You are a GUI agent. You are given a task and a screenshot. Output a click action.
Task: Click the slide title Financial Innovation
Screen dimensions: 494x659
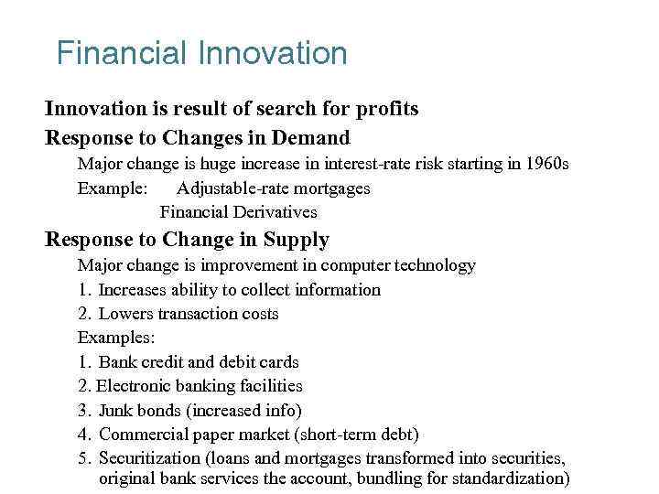201,53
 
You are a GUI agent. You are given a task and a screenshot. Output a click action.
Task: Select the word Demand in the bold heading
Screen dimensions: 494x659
316,138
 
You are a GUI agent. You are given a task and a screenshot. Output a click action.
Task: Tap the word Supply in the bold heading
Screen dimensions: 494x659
296,240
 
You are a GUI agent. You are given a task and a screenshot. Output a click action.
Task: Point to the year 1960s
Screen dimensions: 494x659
546,165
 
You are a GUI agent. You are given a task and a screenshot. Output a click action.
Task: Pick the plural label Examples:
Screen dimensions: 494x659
115,338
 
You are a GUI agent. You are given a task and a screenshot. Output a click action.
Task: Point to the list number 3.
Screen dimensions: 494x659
83,410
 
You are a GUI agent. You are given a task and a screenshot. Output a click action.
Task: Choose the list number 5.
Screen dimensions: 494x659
83,457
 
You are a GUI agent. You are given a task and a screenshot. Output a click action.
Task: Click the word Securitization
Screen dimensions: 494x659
148,457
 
